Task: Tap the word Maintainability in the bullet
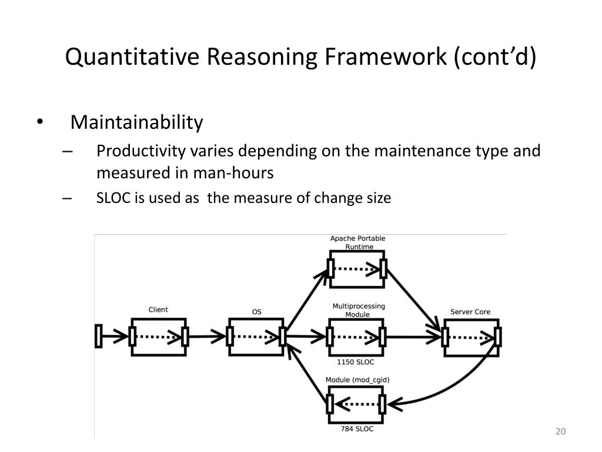coord(136,122)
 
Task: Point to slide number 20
coord(560,433)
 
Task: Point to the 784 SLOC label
coord(357,429)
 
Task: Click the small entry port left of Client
coord(98,336)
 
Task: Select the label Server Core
coord(470,312)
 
